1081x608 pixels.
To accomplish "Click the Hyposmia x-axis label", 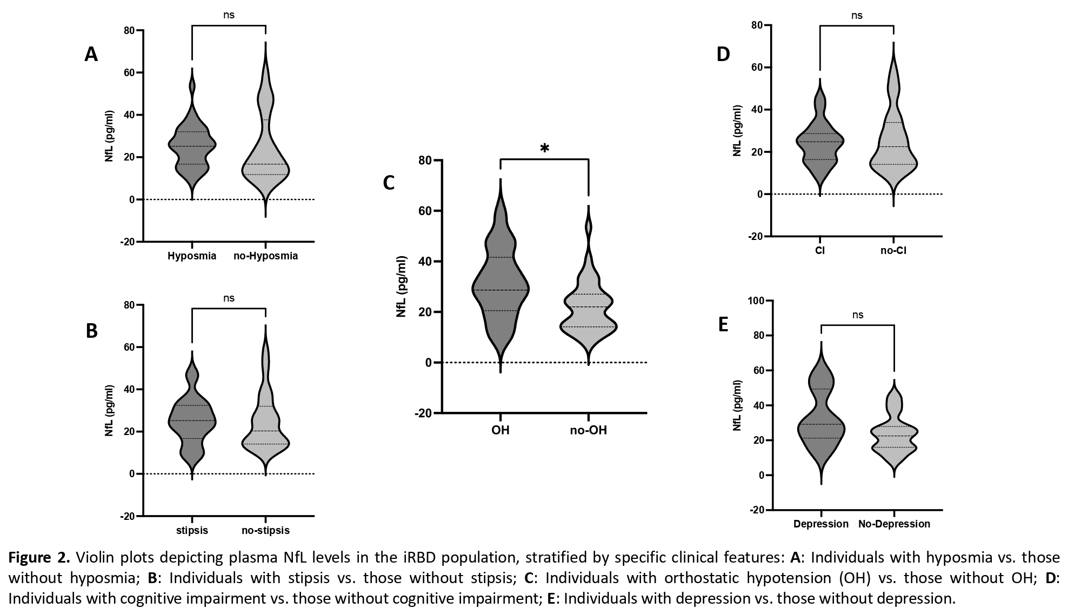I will pyautogui.click(x=192, y=256).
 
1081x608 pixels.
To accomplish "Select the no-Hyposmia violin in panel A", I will pyautogui.click(x=265, y=162).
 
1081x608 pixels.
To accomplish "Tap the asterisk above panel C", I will pyautogui.click(x=544, y=149).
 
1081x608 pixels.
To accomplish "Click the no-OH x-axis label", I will pyautogui.click(x=588, y=431).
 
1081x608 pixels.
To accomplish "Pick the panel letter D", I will pyautogui.click(x=723, y=55).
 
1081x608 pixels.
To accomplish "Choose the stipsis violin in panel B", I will pyautogui.click(x=192, y=422).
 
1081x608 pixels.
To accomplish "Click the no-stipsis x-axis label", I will pyautogui.click(x=265, y=530).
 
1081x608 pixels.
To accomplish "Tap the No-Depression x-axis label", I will pyautogui.click(x=894, y=524).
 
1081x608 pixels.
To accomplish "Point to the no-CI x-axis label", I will pyautogui.click(x=893, y=251).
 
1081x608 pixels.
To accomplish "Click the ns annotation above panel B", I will pyautogui.click(x=229, y=298).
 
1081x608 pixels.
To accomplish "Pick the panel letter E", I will pyautogui.click(x=723, y=324).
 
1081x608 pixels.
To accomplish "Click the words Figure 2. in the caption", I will pyautogui.click(x=39, y=557).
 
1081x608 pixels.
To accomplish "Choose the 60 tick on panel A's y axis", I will pyautogui.click(x=130, y=72).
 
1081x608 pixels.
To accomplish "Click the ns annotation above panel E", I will pyautogui.click(x=858, y=315).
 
